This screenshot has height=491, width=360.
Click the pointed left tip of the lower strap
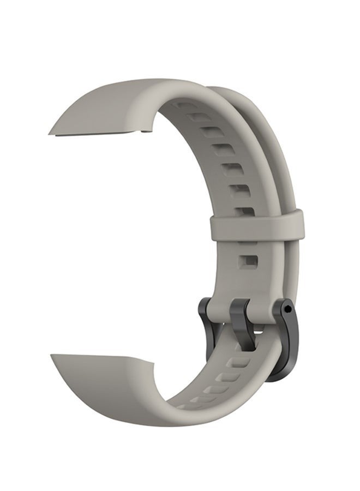[x=53, y=357]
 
